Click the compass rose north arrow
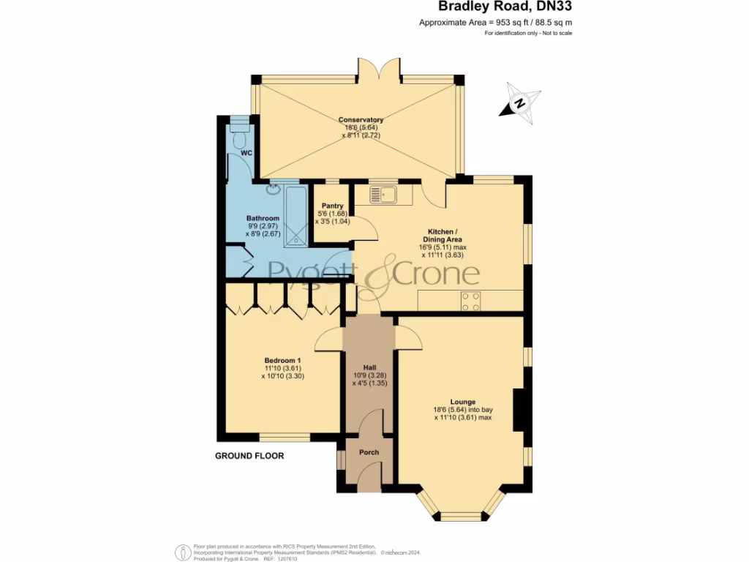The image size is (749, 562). click(520, 104)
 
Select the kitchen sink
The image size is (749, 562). click(383, 195)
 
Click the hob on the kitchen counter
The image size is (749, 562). click(470, 301)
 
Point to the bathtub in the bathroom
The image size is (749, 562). click(296, 217)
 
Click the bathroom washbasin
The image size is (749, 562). click(274, 189)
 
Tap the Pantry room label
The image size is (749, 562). click(333, 206)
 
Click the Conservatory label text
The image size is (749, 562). click(361, 119)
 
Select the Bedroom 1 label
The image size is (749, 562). click(283, 360)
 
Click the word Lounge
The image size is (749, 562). click(462, 402)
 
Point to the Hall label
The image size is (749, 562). click(369, 367)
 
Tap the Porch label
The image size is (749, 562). click(369, 452)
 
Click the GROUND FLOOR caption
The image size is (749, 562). click(249, 456)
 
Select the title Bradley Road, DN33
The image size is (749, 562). click(505, 6)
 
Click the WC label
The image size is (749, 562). click(246, 153)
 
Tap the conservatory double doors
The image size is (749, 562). click(380, 68)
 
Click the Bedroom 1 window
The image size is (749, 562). click(285, 438)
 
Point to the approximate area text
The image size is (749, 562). click(495, 23)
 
